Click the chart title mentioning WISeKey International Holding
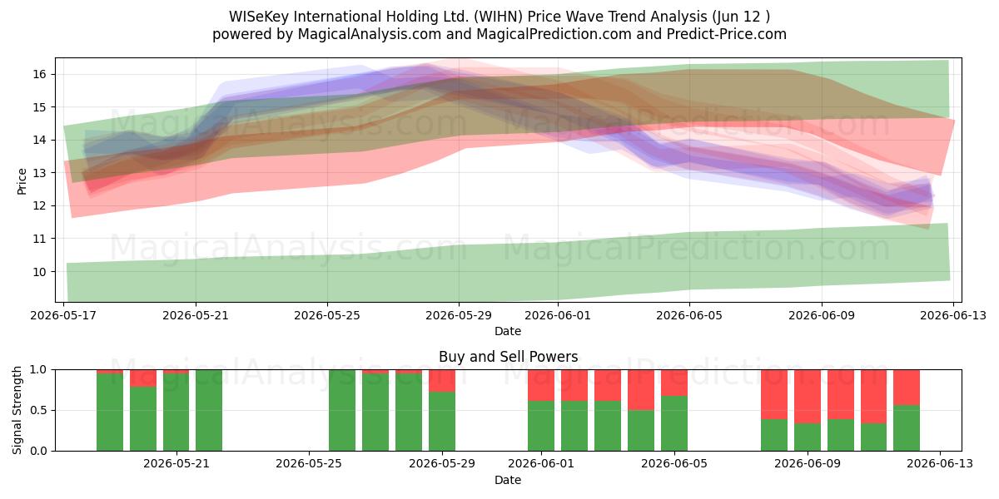[x=499, y=17]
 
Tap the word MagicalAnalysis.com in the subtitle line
[x=370, y=34]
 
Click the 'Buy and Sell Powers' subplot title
[x=508, y=357]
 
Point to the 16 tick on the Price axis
[x=39, y=74]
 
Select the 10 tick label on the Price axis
[x=39, y=272]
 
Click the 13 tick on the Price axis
[x=39, y=173]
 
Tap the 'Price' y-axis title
[x=22, y=181]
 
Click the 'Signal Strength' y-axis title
[x=17, y=410]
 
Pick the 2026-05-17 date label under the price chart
[x=63, y=315]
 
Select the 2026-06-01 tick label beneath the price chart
[x=558, y=315]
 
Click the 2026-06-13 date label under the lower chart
[x=940, y=464]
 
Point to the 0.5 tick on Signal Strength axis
[x=38, y=410]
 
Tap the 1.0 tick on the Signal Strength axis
[x=38, y=370]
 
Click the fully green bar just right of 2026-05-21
[x=209, y=410]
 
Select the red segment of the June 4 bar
[x=641, y=390]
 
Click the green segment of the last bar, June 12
[x=907, y=428]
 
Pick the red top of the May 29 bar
[x=442, y=381]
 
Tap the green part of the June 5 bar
[x=673, y=423]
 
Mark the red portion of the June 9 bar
[x=808, y=397]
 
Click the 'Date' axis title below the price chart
[x=508, y=331]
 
